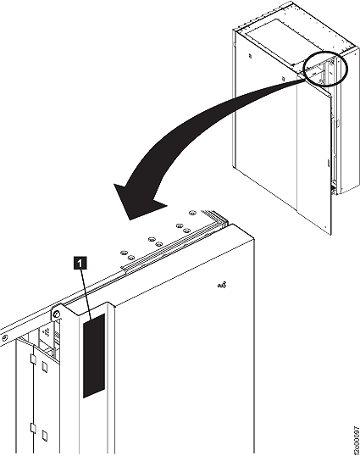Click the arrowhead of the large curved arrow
click(136, 202)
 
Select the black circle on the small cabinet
click(325, 69)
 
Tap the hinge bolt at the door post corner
click(57, 314)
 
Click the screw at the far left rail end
click(3, 338)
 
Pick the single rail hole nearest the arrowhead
click(191, 213)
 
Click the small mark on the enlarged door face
click(222, 286)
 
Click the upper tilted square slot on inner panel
click(44, 366)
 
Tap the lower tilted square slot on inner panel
click(44, 436)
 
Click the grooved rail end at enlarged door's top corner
click(217, 219)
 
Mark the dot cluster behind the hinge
click(46, 331)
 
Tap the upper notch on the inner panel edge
click(33, 359)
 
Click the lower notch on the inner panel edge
click(33, 428)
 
